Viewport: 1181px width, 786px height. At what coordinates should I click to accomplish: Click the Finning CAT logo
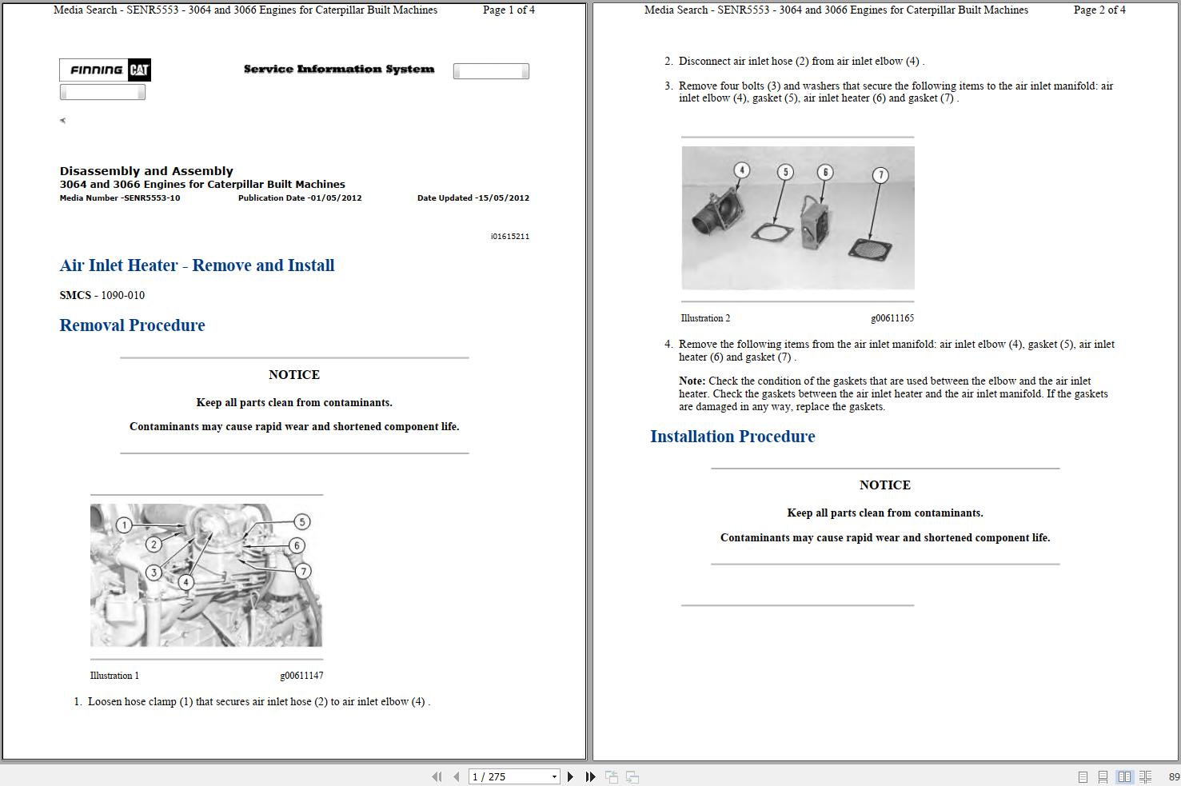click(105, 70)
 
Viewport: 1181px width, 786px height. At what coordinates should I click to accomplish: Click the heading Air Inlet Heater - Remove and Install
click(197, 265)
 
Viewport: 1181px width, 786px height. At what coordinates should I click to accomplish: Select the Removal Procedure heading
click(132, 325)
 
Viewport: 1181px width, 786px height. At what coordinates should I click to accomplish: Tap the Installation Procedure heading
click(732, 437)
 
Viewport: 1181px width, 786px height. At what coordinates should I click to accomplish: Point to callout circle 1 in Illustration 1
click(124, 525)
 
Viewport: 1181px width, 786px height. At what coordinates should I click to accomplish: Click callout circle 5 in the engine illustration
click(301, 522)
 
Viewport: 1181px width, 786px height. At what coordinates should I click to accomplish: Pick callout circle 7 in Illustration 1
click(303, 571)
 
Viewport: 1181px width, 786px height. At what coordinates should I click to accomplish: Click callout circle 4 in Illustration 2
click(742, 170)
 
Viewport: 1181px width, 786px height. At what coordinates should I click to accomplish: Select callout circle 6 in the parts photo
click(825, 172)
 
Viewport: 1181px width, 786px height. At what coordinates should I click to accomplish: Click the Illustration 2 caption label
click(705, 318)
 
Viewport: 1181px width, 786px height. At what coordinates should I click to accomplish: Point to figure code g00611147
click(301, 676)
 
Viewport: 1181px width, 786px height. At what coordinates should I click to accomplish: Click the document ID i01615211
click(509, 237)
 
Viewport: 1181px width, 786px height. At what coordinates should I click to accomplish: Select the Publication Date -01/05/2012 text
click(300, 198)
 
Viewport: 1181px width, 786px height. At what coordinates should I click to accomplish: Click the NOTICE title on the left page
click(294, 375)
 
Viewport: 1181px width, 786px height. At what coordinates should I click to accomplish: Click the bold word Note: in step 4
click(692, 381)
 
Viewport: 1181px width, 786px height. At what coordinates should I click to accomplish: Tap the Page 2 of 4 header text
click(1099, 10)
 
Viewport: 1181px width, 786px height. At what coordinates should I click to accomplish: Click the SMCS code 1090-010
click(122, 296)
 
